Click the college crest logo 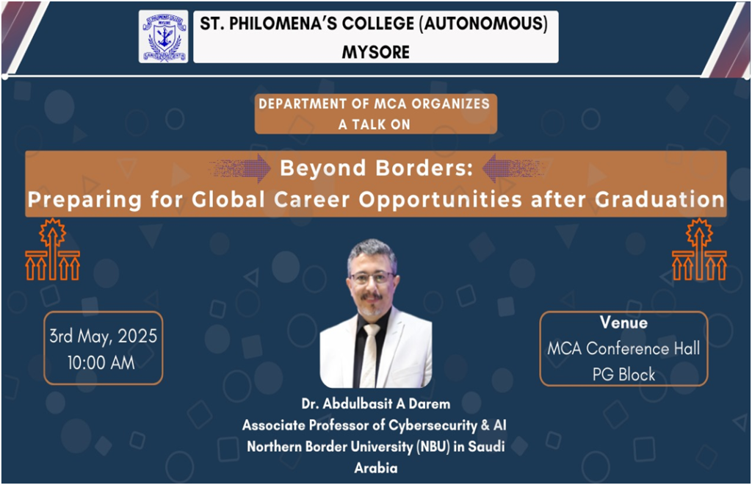[163, 37]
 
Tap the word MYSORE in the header [375, 52]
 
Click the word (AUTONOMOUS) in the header [483, 23]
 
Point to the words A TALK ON [374, 124]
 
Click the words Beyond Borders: [377, 168]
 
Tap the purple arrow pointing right [241, 168]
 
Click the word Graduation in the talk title [659, 199]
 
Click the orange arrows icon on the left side [53, 249]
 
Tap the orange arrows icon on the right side [699, 249]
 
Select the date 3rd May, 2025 [103, 337]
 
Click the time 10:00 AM [101, 363]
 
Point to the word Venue [623, 323]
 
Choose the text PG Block [623, 374]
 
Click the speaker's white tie [370, 355]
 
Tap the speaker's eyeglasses [372, 278]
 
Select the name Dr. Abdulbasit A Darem [375, 404]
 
